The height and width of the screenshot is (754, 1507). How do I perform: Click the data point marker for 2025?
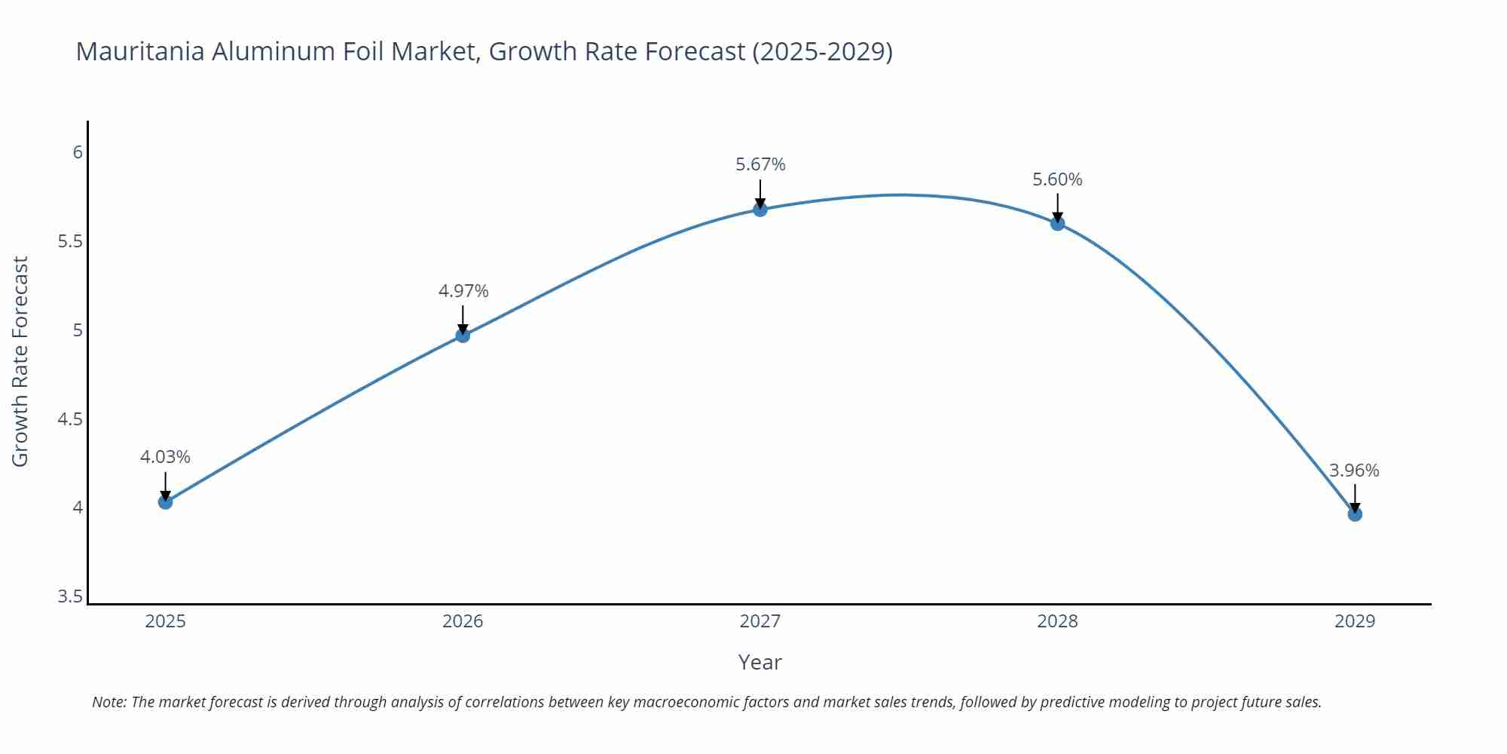coord(166,502)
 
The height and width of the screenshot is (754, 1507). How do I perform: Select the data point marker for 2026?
coord(463,336)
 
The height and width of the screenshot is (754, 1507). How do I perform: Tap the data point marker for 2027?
coord(760,210)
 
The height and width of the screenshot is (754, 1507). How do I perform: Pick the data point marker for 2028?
coord(1057,223)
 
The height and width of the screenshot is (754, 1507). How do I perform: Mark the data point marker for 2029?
coord(1355,514)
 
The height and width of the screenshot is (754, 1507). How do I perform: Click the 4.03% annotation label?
coord(165,457)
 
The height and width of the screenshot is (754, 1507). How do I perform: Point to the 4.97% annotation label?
coord(463,291)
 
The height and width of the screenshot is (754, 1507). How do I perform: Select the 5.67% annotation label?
coord(760,164)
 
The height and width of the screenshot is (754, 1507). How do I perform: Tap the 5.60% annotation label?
coord(1057,179)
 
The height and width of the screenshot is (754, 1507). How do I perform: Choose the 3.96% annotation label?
coord(1354,470)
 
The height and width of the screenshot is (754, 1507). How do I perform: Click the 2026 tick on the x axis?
coord(463,621)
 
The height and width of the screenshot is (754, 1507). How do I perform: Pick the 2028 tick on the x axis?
coord(1057,621)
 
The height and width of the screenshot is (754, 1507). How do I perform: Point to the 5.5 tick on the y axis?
coord(70,241)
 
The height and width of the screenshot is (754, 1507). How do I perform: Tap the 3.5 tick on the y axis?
coord(70,596)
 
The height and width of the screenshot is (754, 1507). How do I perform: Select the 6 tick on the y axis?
coord(78,152)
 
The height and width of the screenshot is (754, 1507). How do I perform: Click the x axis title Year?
coord(760,662)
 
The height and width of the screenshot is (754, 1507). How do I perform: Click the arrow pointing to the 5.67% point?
coord(760,193)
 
